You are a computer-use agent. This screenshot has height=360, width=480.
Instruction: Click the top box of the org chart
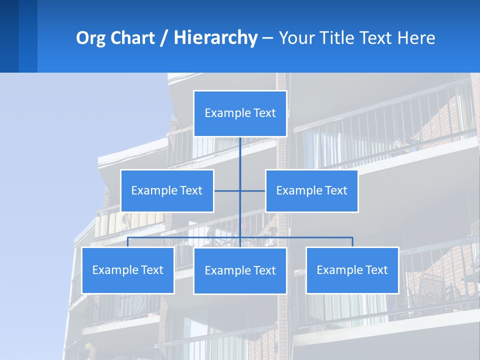(240, 113)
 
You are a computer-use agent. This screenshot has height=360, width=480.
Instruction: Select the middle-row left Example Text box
(167, 190)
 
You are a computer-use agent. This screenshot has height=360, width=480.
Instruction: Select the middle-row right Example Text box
(311, 190)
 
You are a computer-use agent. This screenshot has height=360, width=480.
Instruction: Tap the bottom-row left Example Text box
(128, 270)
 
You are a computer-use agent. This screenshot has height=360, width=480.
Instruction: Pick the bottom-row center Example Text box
(240, 270)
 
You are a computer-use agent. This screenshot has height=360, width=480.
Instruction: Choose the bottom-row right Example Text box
(352, 270)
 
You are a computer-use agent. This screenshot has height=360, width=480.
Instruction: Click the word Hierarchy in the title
(215, 38)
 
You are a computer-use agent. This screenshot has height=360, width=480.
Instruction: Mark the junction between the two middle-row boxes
(240, 190)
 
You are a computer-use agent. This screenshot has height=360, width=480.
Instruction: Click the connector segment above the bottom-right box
(352, 242)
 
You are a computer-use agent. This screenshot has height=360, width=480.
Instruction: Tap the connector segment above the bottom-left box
(128, 242)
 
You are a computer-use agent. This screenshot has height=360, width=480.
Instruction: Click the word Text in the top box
(263, 113)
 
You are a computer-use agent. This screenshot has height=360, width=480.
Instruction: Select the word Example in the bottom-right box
(338, 270)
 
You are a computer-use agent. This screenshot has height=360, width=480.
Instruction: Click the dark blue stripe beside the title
(9, 36)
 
